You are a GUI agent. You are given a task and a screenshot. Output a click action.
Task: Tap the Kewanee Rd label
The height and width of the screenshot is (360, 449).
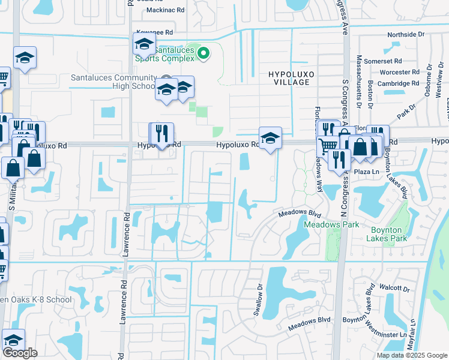[x=155, y=32]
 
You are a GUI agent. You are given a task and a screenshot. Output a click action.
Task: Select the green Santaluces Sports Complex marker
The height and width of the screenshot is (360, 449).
[x=203, y=53]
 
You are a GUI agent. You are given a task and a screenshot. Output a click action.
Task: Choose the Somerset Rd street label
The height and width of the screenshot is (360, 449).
[x=382, y=61]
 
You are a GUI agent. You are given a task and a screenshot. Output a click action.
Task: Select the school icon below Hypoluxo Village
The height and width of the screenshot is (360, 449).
[x=270, y=139]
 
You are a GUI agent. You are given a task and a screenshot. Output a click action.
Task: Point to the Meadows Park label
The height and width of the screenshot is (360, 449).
[x=331, y=224]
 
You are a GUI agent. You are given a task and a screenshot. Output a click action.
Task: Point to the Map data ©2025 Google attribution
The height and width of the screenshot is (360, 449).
[x=412, y=355]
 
